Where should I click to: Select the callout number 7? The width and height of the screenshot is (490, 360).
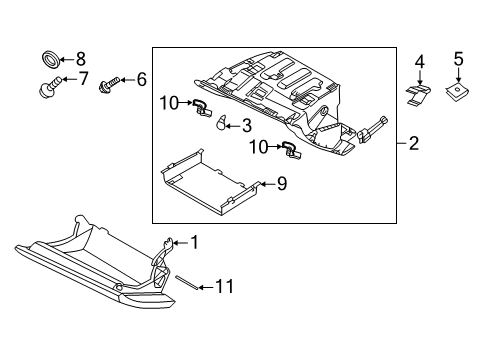pyautogui.click(x=84, y=78)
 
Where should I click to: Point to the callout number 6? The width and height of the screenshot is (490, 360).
pyautogui.click(x=141, y=78)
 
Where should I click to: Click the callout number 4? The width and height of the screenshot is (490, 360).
pyautogui.click(x=420, y=62)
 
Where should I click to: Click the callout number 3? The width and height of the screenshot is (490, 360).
pyautogui.click(x=246, y=125)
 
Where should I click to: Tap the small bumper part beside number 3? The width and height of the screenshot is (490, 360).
pyautogui.click(x=224, y=122)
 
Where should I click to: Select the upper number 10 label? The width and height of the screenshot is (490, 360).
pyautogui.click(x=169, y=102)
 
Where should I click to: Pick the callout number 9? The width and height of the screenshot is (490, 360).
pyautogui.click(x=282, y=183)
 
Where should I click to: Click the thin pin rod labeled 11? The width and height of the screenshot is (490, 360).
pyautogui.click(x=186, y=281)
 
